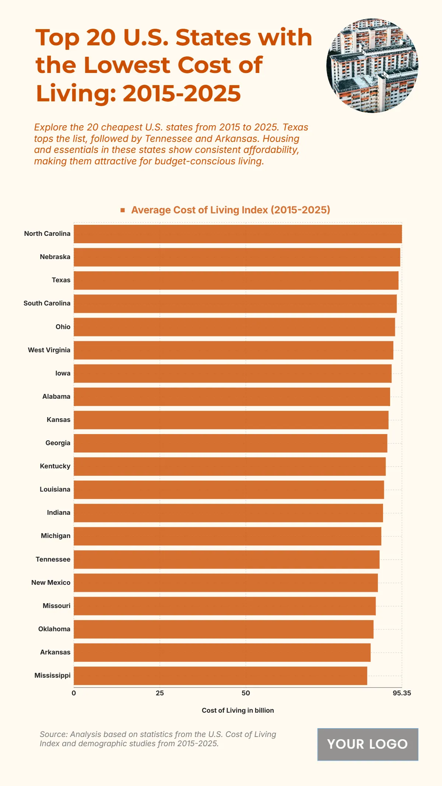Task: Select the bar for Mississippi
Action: [220, 676]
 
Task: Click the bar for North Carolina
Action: [238, 234]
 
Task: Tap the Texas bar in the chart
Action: [236, 280]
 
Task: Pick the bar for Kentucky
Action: [229, 467]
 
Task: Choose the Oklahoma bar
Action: [223, 629]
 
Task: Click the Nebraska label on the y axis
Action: [55, 257]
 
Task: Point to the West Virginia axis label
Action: [49, 350]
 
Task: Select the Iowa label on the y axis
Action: [63, 373]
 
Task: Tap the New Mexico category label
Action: [51, 583]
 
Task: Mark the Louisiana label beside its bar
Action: [55, 489]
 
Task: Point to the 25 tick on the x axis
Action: [160, 693]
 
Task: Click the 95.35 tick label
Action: [402, 693]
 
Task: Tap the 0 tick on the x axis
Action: [74, 693]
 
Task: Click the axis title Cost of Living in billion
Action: [238, 710]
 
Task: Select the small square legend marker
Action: [123, 210]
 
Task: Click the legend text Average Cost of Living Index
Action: [231, 210]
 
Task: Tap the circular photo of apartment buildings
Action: [372, 66]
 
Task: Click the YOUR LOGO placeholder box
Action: [368, 744]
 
